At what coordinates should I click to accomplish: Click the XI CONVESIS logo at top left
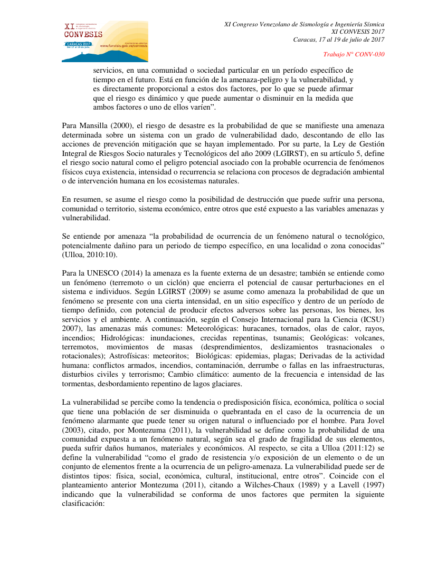(104, 41)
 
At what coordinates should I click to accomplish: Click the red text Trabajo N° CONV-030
(354, 54)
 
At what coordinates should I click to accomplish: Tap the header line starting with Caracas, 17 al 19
(339, 40)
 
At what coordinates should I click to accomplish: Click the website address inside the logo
(127, 46)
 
